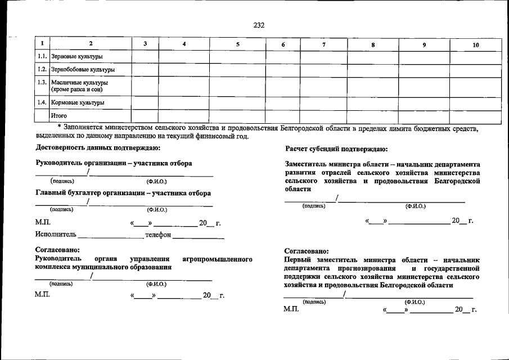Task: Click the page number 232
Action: click(x=259, y=25)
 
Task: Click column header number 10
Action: click(x=475, y=44)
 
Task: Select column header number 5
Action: click(x=237, y=44)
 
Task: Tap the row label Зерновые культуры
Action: click(x=76, y=57)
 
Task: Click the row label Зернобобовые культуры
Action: click(x=83, y=70)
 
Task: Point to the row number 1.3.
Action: click(x=42, y=83)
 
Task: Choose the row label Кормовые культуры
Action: click(x=78, y=103)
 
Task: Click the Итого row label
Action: click(x=59, y=116)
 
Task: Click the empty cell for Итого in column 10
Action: click(x=475, y=116)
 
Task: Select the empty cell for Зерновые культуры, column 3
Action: click(x=145, y=57)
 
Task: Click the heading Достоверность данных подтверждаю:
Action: click(x=98, y=148)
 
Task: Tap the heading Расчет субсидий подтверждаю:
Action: click(x=336, y=149)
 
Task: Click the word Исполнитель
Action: click(x=55, y=235)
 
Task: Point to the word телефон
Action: click(x=157, y=235)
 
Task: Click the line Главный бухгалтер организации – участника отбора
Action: click(x=123, y=193)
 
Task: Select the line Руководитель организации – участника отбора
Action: click(x=114, y=163)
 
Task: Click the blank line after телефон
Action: click(x=198, y=237)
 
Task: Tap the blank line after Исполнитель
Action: click(x=110, y=237)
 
